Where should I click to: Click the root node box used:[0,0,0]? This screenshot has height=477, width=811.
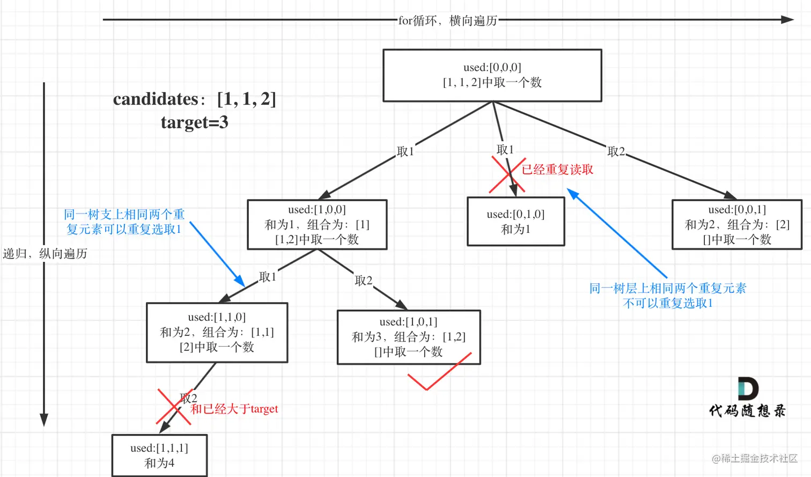[492, 75]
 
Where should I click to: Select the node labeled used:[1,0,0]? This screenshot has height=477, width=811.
[316, 224]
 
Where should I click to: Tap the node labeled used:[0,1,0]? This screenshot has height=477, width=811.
[515, 221]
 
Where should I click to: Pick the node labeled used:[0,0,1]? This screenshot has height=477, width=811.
[736, 224]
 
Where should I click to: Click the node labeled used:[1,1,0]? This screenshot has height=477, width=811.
[217, 332]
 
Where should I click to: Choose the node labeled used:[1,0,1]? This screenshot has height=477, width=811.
[408, 336]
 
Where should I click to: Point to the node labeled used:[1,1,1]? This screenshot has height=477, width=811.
[159, 455]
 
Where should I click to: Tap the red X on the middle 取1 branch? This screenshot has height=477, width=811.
[507, 175]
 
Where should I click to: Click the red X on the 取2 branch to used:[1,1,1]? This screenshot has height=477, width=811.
[175, 406]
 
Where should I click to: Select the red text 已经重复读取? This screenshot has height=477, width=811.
[557, 170]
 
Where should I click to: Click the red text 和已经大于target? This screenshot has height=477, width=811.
[234, 409]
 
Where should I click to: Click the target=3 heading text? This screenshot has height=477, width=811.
[194, 122]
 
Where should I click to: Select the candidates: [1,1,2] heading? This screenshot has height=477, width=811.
[194, 99]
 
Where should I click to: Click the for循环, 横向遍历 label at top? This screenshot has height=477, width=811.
[447, 20]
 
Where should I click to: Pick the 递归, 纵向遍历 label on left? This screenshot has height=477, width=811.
[45, 253]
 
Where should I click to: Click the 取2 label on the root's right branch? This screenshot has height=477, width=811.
[616, 151]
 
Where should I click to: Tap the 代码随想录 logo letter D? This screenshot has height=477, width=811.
[748, 388]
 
